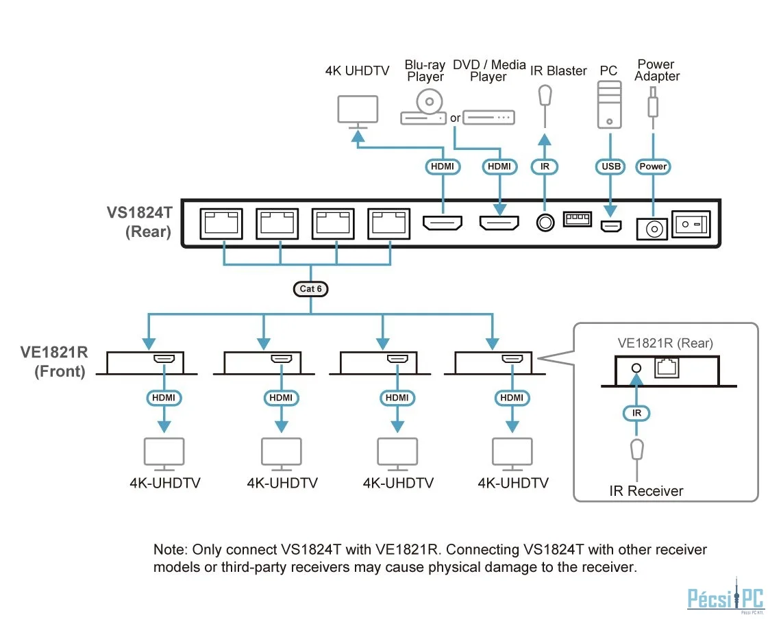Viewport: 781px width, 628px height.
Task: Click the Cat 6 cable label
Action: coord(310,289)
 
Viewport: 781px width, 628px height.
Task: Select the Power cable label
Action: coord(653,166)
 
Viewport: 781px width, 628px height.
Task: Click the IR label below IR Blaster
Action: coord(545,166)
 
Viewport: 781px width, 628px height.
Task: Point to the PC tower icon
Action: coord(608,104)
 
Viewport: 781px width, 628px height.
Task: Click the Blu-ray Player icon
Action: coord(424,109)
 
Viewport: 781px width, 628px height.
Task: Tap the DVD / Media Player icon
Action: coord(488,118)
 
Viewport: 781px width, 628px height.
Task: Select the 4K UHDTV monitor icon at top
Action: coord(358,111)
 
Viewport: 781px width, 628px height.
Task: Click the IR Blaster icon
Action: coord(545,96)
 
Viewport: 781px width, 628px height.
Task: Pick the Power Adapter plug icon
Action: coord(654,100)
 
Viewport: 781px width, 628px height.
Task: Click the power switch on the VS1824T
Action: coord(691,225)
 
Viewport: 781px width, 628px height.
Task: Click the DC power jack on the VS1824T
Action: coord(652,228)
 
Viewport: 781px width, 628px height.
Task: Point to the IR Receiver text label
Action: coord(646,491)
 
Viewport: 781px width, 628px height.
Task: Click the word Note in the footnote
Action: coord(168,550)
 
